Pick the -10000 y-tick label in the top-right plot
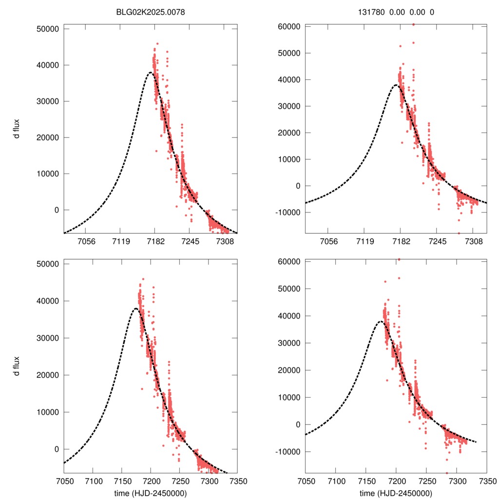tap(288, 212)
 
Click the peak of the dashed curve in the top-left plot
tap(151, 73)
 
